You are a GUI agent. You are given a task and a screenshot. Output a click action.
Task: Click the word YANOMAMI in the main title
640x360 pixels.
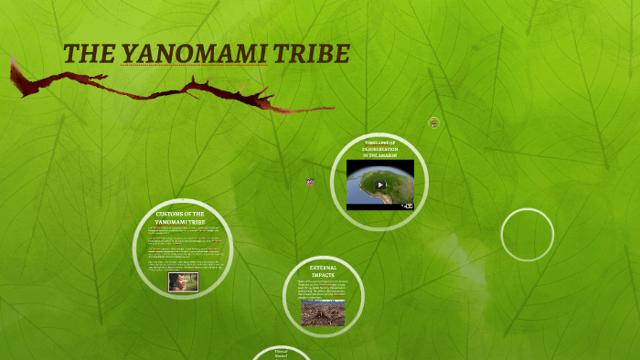click(194, 54)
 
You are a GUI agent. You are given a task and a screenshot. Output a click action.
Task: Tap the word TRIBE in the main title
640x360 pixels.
click(312, 54)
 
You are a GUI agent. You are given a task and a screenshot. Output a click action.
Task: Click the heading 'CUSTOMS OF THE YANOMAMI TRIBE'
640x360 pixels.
click(180, 217)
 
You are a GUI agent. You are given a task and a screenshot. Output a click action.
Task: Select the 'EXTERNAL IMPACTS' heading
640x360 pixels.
click(323, 271)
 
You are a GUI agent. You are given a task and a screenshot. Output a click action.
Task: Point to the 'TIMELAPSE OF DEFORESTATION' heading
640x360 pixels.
click(379, 149)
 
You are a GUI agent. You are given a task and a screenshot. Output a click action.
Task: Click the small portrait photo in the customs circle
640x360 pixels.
click(183, 281)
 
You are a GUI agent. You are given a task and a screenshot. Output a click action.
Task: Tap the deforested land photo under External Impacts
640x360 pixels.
click(323, 312)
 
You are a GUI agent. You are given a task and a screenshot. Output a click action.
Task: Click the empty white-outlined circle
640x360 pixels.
click(528, 235)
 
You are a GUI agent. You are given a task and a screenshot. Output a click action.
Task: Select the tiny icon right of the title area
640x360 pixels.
click(434, 122)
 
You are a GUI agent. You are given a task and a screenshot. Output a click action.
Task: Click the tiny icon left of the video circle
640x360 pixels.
click(310, 182)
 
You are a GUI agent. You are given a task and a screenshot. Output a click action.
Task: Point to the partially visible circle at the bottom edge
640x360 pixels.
click(281, 354)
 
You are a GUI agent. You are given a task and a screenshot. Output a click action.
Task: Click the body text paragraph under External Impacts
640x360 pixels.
click(323, 290)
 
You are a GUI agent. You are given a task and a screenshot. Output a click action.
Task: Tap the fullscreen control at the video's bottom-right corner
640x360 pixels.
click(408, 206)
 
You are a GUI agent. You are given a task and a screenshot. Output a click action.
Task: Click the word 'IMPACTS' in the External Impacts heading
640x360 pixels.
click(323, 275)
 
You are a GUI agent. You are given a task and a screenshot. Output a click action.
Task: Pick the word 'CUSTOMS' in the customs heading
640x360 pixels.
click(169, 214)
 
